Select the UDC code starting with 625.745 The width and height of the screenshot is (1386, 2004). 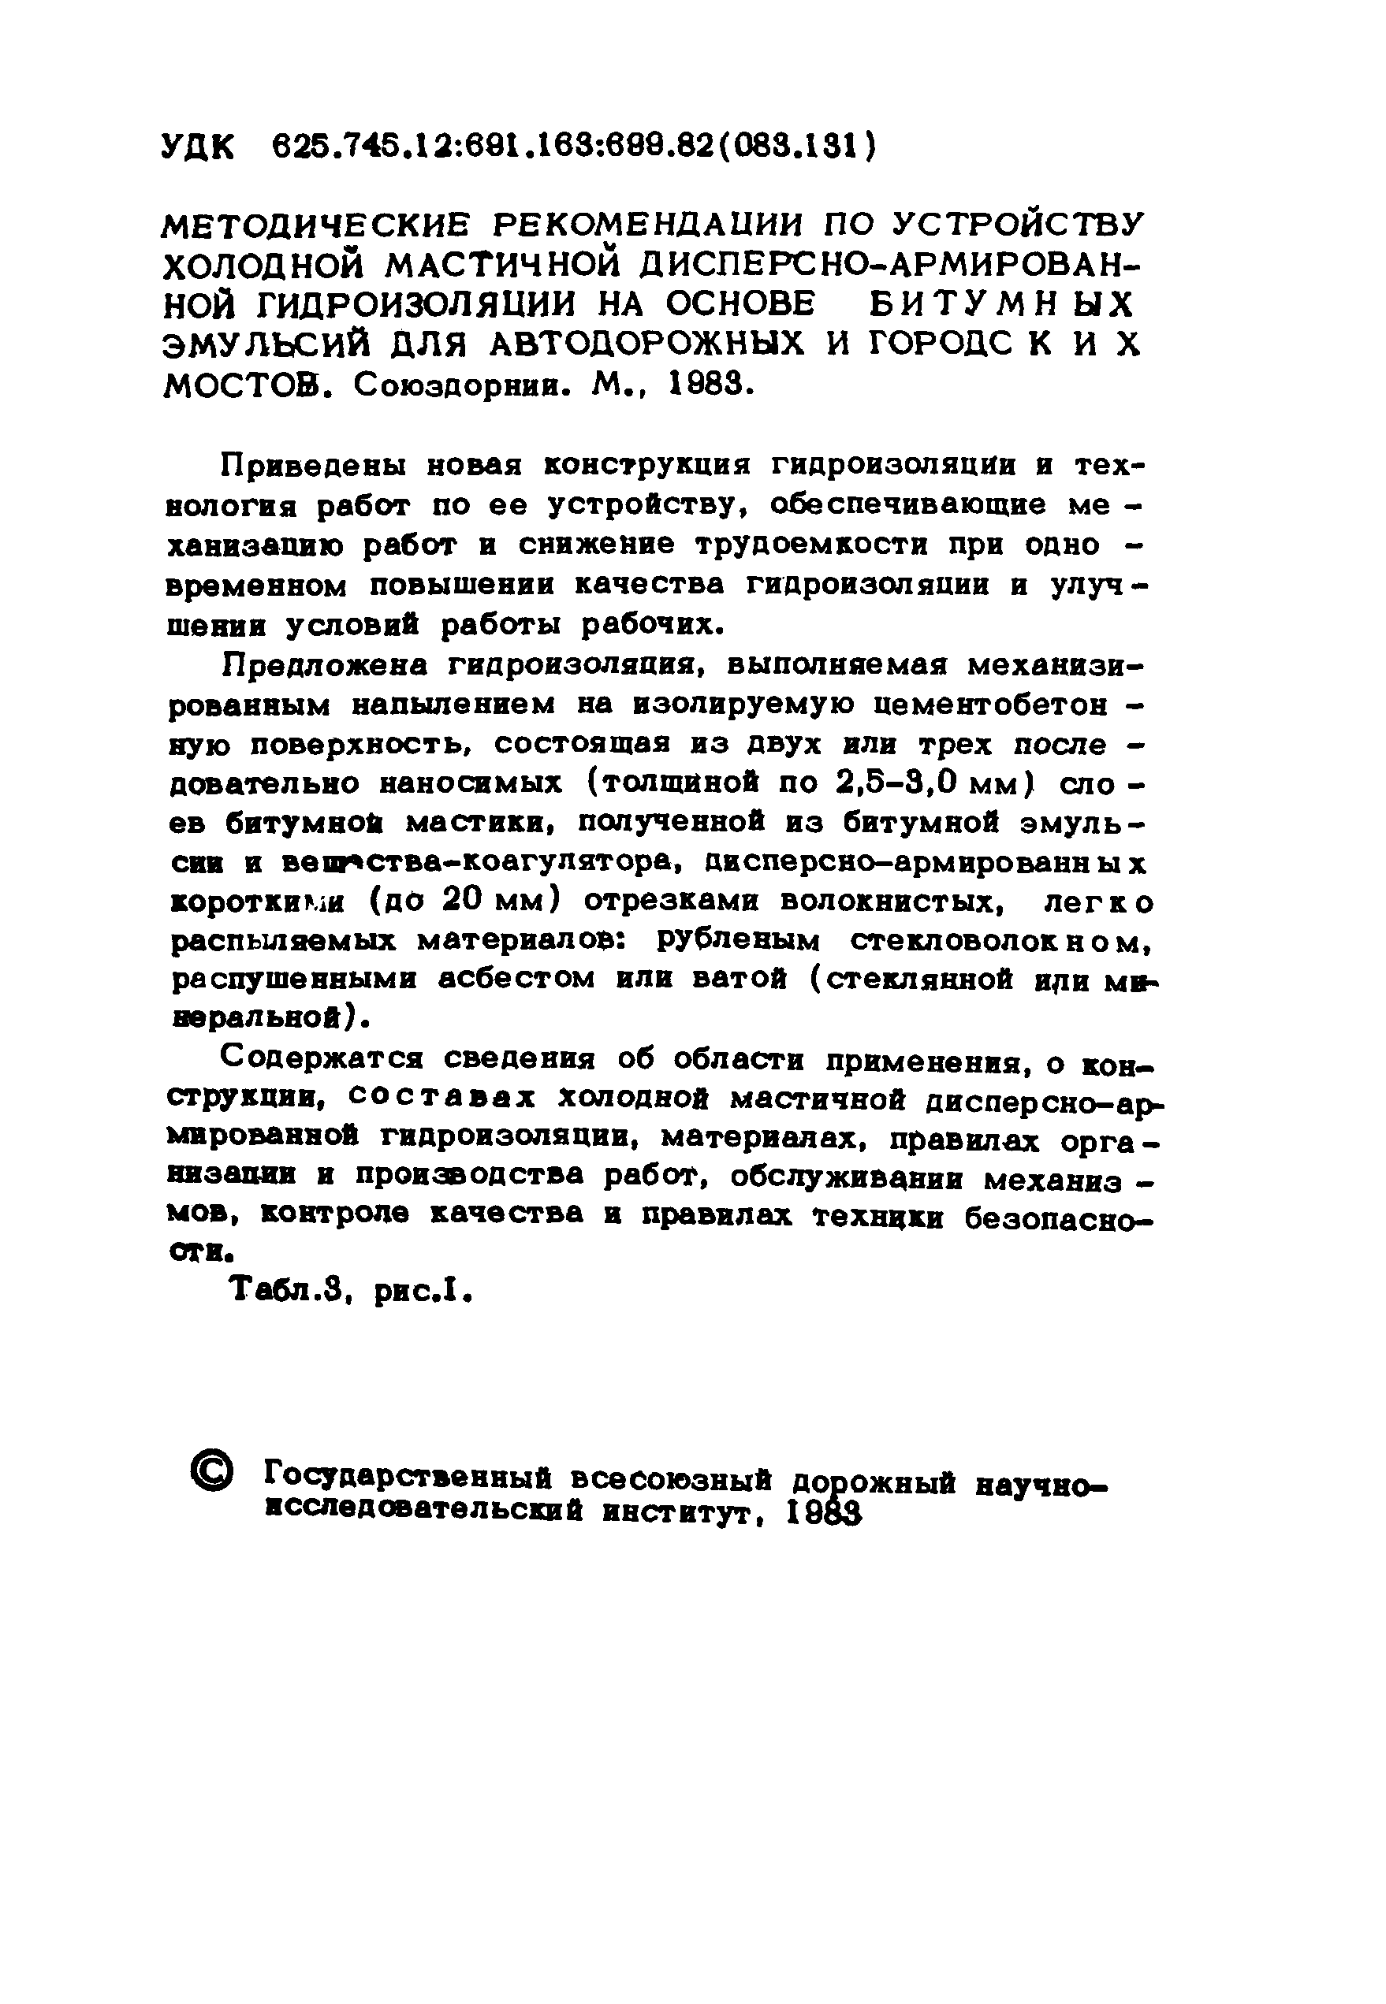point(573,146)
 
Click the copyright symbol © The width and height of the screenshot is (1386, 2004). point(212,1474)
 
